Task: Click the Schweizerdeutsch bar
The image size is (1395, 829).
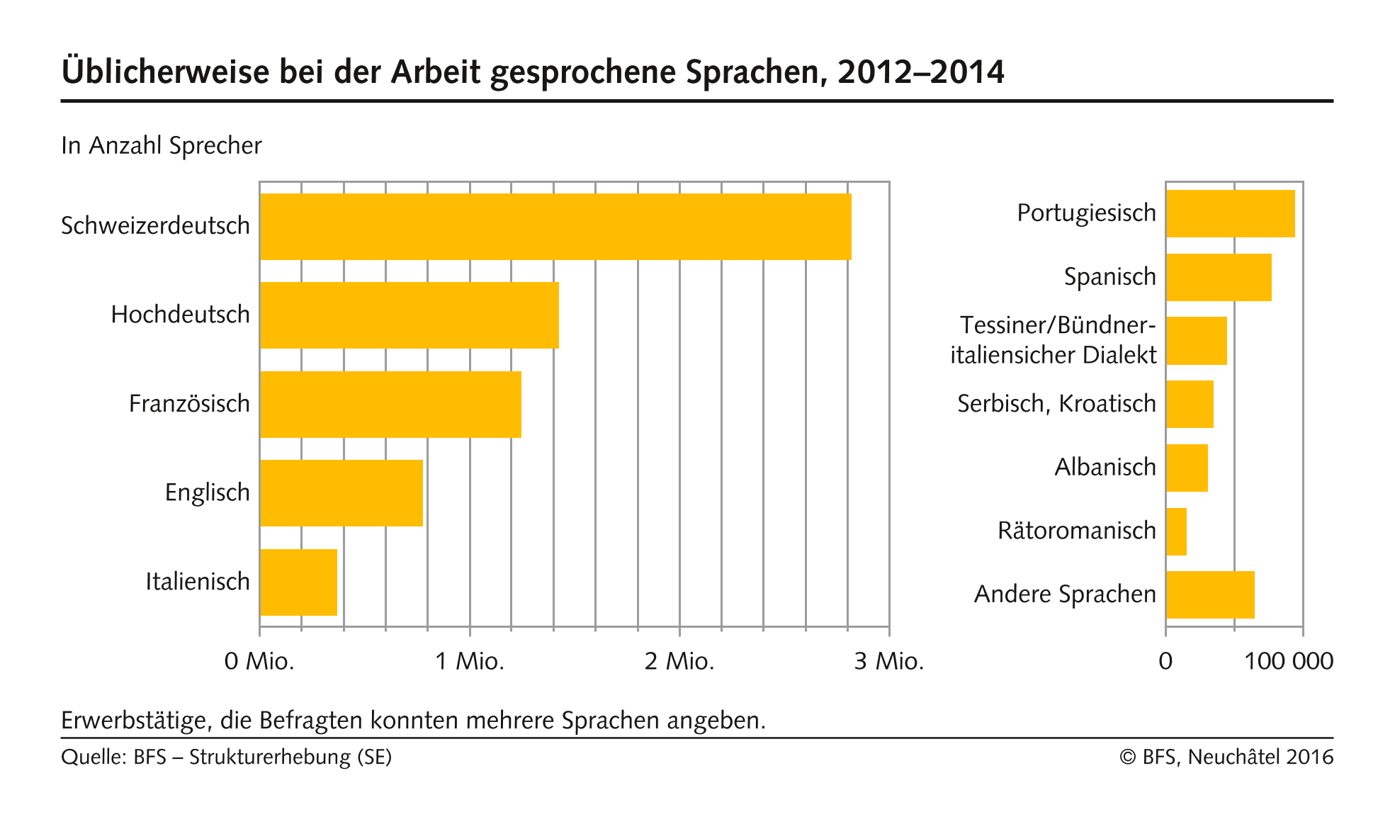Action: [x=555, y=227]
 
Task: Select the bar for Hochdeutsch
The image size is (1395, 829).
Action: [x=409, y=315]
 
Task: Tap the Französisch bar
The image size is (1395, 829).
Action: [x=390, y=405]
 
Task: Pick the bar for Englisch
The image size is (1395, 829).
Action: [x=341, y=493]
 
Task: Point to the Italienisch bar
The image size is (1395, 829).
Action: [x=298, y=582]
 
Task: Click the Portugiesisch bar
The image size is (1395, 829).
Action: [x=1230, y=213]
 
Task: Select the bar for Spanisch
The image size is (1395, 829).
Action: [x=1219, y=277]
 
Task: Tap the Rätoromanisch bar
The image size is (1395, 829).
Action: [x=1176, y=531]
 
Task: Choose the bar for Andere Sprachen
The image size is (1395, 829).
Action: [x=1210, y=594]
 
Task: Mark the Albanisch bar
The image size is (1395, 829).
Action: [x=1187, y=468]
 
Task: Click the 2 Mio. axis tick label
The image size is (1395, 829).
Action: [x=679, y=662]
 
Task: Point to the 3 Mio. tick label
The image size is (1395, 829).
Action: [x=889, y=662]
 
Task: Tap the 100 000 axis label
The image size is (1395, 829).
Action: [x=1289, y=662]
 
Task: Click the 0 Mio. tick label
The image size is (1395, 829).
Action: [x=259, y=662]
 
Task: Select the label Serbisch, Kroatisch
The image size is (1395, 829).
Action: [x=1056, y=404]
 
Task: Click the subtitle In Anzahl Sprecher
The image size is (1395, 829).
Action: [x=162, y=146]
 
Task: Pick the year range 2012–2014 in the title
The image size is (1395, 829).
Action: [x=921, y=72]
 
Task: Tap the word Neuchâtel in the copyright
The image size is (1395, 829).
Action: [x=1233, y=757]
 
